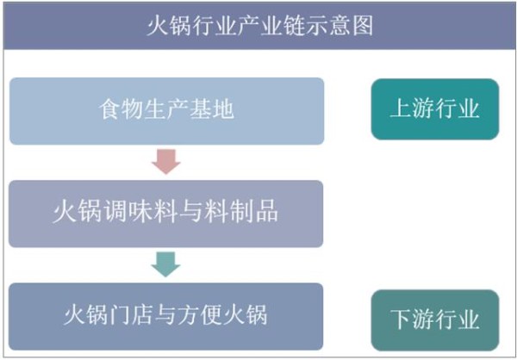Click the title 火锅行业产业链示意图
[x=260, y=26]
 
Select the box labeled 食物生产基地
[x=166, y=111]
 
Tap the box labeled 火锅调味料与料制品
[x=165, y=214]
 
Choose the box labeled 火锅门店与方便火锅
[x=165, y=316]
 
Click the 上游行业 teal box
[x=435, y=109]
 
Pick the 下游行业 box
[x=435, y=320]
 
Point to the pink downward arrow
[x=165, y=162]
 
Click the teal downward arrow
[x=165, y=264]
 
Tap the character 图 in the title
[x=363, y=26]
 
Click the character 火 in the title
[x=158, y=26]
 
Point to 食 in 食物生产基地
[x=109, y=109]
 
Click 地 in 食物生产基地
[x=223, y=109]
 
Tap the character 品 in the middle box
[x=267, y=213]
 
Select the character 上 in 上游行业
[x=402, y=109]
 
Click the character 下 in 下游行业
[x=402, y=320]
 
